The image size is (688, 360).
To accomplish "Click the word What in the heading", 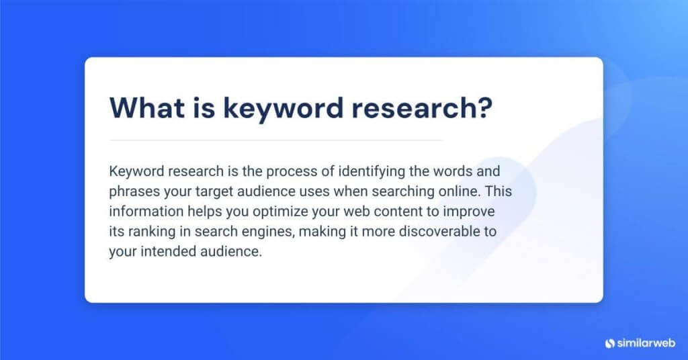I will click(143, 109).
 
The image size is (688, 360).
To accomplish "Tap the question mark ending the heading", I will click(483, 109).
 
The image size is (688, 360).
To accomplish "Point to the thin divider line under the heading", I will click(275, 140).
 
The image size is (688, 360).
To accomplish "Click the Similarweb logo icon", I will click(610, 343).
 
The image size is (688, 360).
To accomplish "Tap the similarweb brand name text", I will click(646, 343).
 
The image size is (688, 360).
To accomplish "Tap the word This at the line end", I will click(498, 191).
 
